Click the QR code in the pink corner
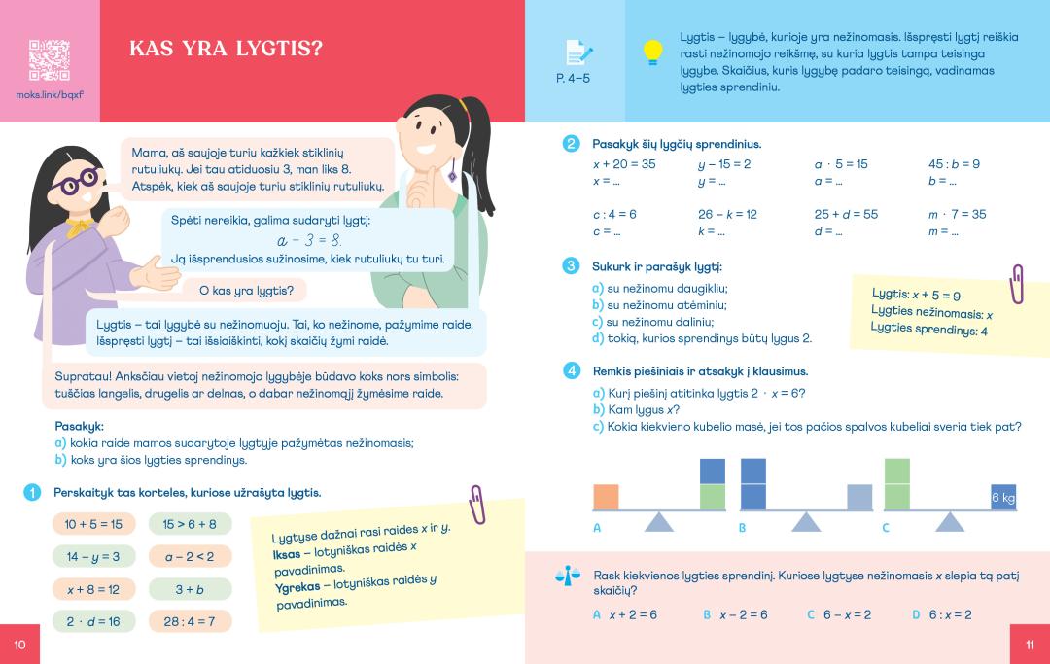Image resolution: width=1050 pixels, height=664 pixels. tap(50, 60)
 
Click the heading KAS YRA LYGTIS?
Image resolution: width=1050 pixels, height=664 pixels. tap(226, 49)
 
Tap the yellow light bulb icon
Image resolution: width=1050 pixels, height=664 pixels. tap(653, 52)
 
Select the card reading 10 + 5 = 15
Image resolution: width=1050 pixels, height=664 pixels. tap(93, 524)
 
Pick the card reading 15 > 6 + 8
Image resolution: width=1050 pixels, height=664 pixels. tap(190, 524)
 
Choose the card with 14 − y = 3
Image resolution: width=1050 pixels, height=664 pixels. tap(93, 556)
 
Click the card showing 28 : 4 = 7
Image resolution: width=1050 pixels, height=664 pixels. tap(190, 621)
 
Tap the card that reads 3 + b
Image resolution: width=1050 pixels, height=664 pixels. tap(190, 589)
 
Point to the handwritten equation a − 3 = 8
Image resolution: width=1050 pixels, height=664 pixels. tap(308, 240)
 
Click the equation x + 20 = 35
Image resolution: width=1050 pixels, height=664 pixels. tap(624, 164)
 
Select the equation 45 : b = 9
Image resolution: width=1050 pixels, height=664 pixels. tap(954, 164)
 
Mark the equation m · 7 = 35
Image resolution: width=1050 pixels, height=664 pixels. tap(957, 214)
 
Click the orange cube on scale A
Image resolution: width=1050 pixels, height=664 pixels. tap(606, 497)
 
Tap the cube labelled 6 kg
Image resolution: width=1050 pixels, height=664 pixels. tap(1002, 497)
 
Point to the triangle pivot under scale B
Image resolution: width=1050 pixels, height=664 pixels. tap(805, 522)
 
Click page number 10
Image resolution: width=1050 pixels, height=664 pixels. tap(19, 644)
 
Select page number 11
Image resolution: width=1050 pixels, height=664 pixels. tap(1031, 644)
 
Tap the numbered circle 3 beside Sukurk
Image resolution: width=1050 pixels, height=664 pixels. tap(572, 265)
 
